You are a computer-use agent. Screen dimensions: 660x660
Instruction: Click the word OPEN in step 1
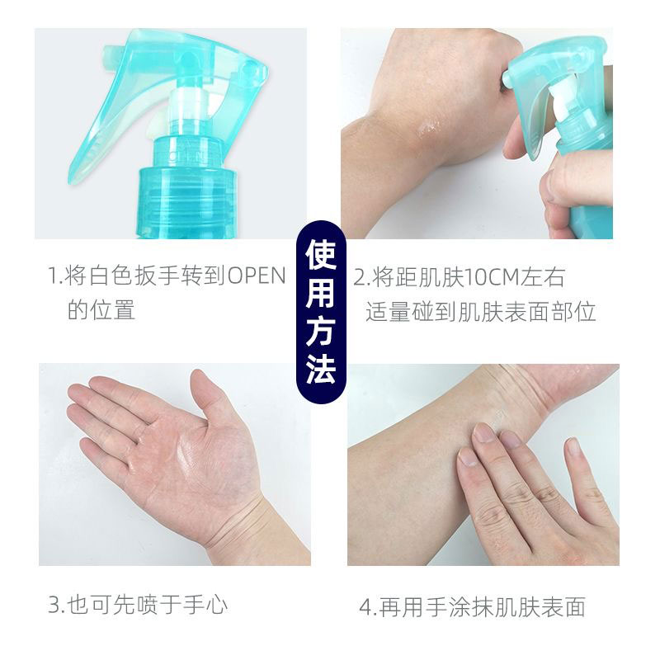click(x=257, y=276)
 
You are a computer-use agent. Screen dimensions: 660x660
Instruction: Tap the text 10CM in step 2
click(x=491, y=277)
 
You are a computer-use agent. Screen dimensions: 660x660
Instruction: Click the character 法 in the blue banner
click(x=321, y=369)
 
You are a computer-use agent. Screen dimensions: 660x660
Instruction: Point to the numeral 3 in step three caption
click(x=54, y=605)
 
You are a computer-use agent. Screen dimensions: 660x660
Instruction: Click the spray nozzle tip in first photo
click(x=109, y=55)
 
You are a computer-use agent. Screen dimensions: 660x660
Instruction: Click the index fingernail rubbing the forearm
click(x=484, y=432)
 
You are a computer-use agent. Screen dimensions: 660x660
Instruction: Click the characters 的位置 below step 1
click(x=101, y=310)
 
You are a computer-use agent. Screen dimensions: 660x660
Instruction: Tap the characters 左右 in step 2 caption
click(x=542, y=277)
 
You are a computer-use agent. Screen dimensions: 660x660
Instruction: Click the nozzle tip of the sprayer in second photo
click(x=507, y=77)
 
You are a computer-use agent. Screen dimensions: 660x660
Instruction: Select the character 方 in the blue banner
click(x=321, y=331)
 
